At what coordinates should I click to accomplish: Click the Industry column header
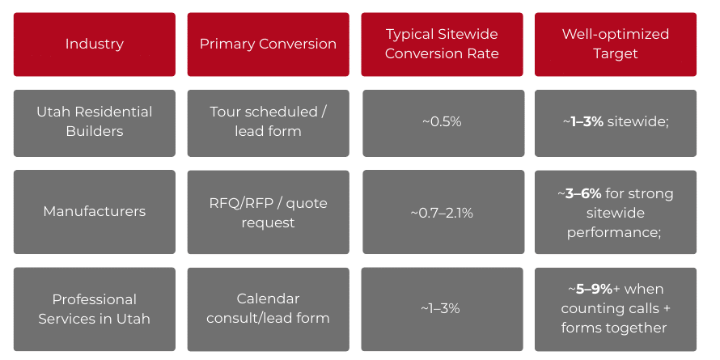click(x=94, y=44)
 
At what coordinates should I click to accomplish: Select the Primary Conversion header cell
click(x=268, y=44)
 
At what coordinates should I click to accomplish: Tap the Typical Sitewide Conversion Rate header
click(x=442, y=44)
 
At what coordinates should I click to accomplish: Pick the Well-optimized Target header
click(x=615, y=44)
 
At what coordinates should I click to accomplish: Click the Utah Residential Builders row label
click(x=94, y=121)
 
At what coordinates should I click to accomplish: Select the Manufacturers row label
click(x=94, y=211)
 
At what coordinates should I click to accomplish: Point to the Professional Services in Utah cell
click(x=94, y=309)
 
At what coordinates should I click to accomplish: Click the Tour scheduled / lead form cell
click(x=268, y=121)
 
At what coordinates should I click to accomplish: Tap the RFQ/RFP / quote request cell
click(x=268, y=211)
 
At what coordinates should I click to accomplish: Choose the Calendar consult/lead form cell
click(x=268, y=309)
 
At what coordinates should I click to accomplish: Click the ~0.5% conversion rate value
click(x=442, y=122)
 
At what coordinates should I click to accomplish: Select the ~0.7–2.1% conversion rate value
click(x=442, y=213)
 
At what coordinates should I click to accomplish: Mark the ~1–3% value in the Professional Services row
click(x=442, y=309)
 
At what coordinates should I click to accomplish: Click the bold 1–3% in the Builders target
click(x=587, y=122)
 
